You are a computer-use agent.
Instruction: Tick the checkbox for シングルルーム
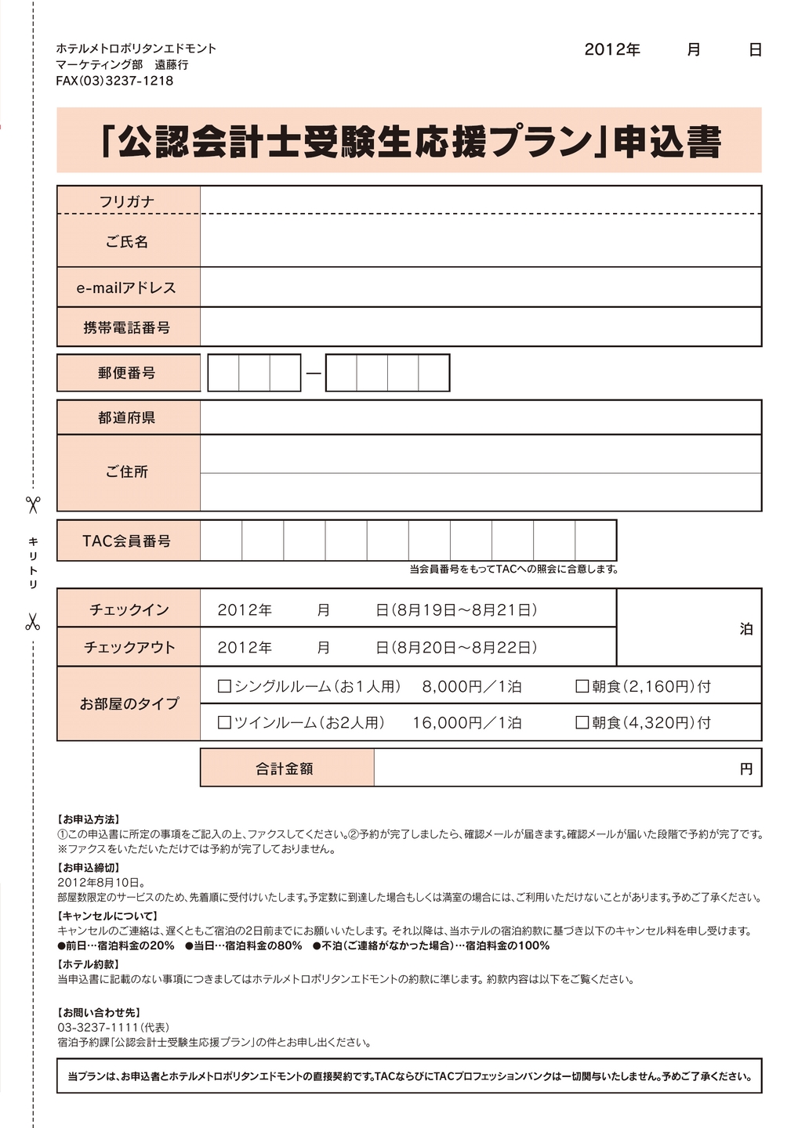224,686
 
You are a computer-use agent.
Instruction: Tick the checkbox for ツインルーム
224,722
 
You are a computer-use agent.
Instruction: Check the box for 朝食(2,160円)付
582,686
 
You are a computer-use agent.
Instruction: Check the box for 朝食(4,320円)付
582,722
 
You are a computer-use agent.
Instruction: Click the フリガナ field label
127,201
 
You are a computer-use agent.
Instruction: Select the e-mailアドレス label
127,287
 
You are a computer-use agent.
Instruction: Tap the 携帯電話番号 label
127,327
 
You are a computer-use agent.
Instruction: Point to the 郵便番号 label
127,373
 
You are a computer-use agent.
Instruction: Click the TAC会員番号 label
127,540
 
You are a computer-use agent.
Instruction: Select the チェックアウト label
129,648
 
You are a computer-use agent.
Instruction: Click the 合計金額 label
285,768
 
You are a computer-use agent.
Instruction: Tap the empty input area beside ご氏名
480,241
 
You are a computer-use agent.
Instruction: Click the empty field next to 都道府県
480,418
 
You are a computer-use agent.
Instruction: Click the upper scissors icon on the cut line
33,504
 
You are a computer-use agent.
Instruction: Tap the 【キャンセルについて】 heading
108,916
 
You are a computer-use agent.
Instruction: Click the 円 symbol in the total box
746,768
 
